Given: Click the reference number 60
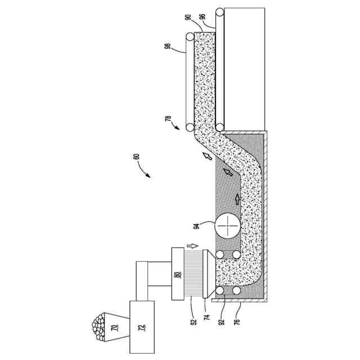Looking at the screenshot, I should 137,158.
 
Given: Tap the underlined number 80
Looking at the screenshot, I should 177,275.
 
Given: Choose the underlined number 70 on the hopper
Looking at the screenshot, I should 114,327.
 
